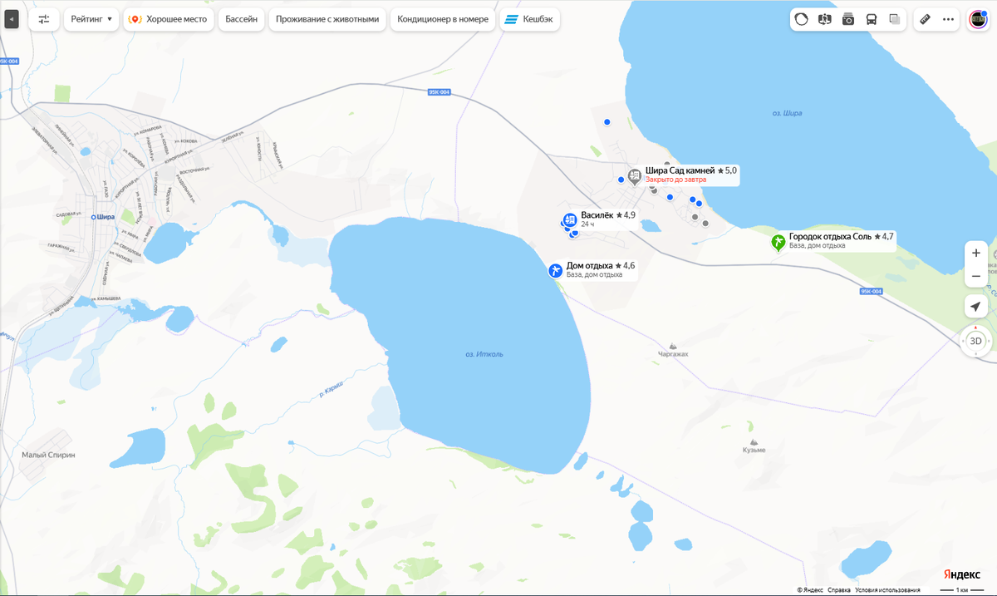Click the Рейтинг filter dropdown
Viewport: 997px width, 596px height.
click(x=91, y=18)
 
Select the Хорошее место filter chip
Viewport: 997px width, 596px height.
click(x=169, y=18)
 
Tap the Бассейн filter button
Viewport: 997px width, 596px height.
click(x=242, y=18)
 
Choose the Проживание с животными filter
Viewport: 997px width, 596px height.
click(x=327, y=18)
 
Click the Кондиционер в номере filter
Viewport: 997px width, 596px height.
click(x=444, y=18)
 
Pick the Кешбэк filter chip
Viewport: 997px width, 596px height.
click(x=529, y=18)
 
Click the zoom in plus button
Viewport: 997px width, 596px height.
click(x=975, y=253)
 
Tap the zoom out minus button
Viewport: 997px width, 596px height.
click(x=975, y=276)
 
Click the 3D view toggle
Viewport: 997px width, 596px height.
click(x=975, y=341)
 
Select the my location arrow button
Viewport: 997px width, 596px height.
click(x=975, y=307)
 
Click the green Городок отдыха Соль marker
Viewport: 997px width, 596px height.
click(x=778, y=242)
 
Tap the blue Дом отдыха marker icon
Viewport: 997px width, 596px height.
click(x=555, y=270)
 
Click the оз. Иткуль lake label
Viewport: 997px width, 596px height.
click(x=484, y=355)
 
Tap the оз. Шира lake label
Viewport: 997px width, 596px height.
click(x=786, y=113)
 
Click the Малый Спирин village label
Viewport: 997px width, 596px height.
click(x=48, y=455)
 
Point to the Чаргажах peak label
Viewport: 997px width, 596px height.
click(x=673, y=353)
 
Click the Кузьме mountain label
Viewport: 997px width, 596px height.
click(x=754, y=450)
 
